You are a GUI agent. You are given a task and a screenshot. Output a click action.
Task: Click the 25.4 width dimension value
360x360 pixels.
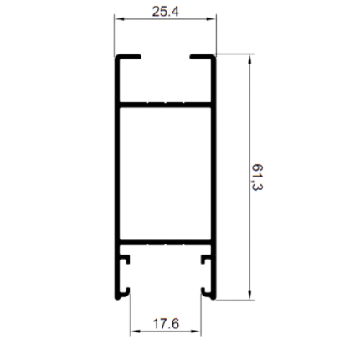165,12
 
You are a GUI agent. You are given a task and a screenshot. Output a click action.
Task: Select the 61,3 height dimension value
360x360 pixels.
257,177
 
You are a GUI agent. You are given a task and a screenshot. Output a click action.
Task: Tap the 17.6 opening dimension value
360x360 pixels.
166,324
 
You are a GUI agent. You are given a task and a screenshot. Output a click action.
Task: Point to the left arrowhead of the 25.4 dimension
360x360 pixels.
119,19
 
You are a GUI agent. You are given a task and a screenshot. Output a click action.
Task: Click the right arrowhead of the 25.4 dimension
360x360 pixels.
211,19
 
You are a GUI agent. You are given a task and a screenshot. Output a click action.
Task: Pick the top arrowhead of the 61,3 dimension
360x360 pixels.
249,59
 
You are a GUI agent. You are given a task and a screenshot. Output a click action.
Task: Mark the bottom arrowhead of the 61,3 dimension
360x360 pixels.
249,295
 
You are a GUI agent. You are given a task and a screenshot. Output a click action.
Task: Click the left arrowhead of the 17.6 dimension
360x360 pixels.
135,332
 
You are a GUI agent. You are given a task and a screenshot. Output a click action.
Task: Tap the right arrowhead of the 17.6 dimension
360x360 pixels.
196,332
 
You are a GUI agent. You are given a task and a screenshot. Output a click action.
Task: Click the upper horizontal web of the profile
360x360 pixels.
165,105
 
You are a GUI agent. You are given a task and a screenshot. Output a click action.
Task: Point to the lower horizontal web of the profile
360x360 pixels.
165,242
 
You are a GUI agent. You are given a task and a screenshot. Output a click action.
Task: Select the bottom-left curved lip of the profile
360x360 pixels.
123,295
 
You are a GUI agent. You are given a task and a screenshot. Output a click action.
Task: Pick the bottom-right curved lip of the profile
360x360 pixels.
208,295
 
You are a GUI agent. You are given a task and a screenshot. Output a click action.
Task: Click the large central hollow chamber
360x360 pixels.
165,173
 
